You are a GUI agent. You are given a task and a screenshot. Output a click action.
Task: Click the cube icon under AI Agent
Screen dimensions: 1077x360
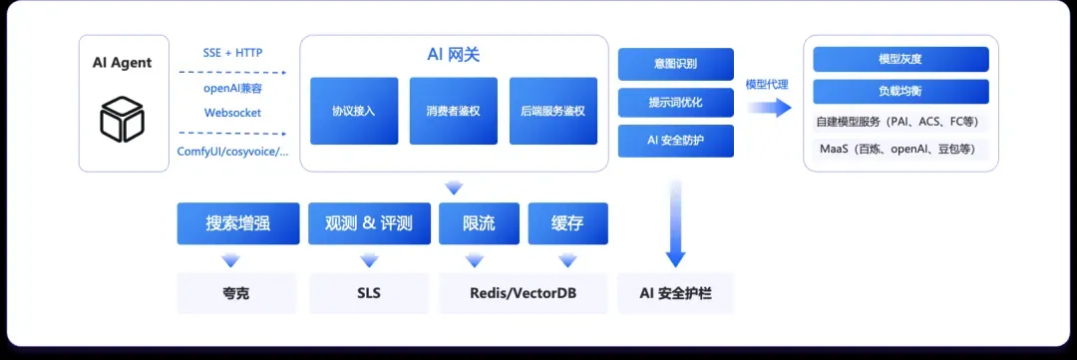pyautogui.click(x=122, y=119)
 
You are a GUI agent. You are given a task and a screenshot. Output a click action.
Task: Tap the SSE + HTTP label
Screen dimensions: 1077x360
pyautogui.click(x=232, y=52)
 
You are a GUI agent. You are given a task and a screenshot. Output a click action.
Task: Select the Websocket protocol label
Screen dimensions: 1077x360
pyautogui.click(x=232, y=113)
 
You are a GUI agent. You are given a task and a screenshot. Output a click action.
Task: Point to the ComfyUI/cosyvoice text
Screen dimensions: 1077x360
pyautogui.click(x=232, y=152)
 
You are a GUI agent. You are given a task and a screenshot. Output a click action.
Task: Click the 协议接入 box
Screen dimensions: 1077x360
pyautogui.click(x=354, y=111)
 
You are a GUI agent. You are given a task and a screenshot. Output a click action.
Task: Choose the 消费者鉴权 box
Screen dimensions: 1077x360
pyautogui.click(x=454, y=111)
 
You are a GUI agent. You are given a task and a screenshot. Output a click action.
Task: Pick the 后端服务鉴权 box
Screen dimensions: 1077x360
pyautogui.click(x=552, y=111)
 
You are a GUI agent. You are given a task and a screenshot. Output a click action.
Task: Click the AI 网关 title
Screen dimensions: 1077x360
pyautogui.click(x=454, y=55)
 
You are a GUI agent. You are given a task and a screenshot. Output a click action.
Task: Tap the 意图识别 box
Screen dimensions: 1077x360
pyautogui.click(x=676, y=64)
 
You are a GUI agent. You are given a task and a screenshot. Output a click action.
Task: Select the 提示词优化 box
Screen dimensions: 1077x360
pyautogui.click(x=676, y=103)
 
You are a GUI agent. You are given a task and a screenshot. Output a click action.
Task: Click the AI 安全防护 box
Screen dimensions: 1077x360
pyautogui.click(x=676, y=141)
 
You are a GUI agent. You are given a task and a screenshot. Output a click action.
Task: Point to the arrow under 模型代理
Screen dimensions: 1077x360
pyautogui.click(x=769, y=107)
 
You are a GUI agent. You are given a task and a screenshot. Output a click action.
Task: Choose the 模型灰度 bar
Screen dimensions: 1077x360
pyautogui.click(x=900, y=59)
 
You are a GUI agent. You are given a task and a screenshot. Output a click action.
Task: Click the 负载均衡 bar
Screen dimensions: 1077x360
pyautogui.click(x=900, y=92)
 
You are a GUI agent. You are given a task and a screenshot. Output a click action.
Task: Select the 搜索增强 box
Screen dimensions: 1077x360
pyautogui.click(x=238, y=224)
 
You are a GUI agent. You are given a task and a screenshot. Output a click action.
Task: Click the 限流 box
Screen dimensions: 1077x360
pyautogui.click(x=480, y=224)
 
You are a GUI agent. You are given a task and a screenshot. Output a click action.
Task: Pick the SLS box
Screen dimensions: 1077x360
pyautogui.click(x=369, y=293)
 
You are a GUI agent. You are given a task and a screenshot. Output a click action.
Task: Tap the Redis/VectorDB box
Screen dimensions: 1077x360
pyautogui.click(x=524, y=293)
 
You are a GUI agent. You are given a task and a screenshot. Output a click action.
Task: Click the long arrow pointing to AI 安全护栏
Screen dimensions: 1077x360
pyautogui.click(x=676, y=224)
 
